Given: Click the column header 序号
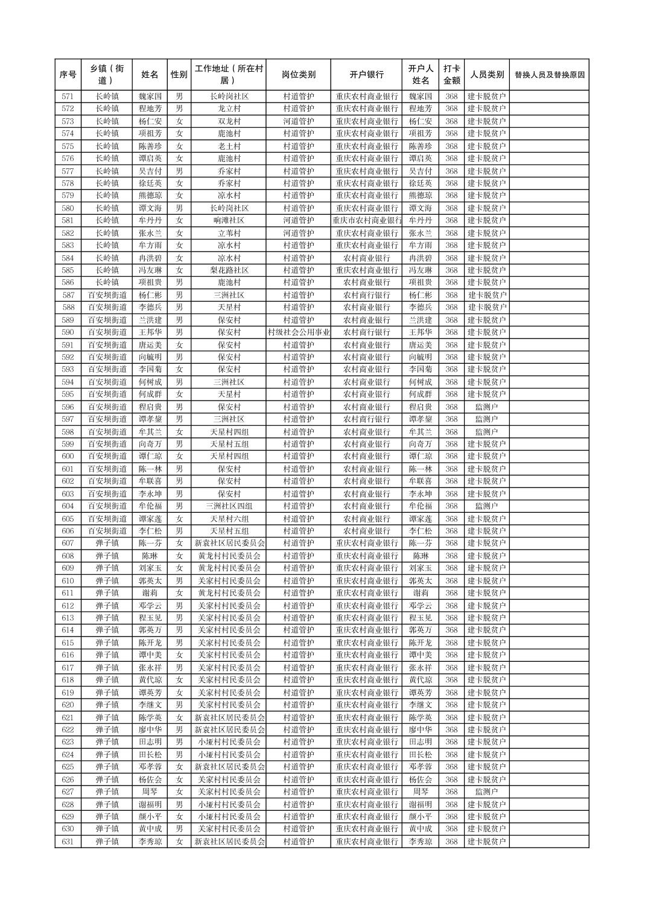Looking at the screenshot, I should point(68,75).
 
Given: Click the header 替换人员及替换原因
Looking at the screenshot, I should point(548,75).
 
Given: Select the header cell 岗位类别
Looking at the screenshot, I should point(298,75).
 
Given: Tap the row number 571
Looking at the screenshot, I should point(68,97).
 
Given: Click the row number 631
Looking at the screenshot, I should point(68,842).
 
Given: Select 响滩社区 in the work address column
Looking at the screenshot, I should point(229,221).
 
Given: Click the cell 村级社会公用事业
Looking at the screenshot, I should point(298,332).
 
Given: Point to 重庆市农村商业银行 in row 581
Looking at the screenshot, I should point(366,221).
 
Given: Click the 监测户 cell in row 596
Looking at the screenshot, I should point(486,407).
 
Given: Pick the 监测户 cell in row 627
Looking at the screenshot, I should point(486,792).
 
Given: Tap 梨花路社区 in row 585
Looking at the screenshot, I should point(229,270).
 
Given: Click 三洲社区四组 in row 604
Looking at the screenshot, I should point(229,506).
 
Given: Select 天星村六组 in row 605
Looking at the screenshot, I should point(229,519).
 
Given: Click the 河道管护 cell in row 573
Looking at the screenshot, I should point(298,121).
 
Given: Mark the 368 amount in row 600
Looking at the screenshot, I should point(451,457).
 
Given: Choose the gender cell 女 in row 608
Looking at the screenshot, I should point(179,556).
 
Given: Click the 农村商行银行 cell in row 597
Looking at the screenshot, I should point(366,419).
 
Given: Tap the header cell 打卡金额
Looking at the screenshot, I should point(451,75).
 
